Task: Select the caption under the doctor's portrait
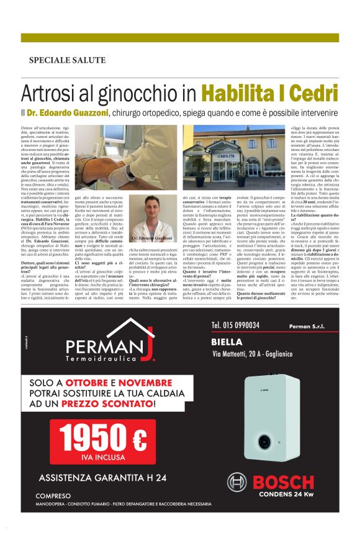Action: pyautogui.click(x=151, y=237)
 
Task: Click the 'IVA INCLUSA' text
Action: pyautogui.click(x=102, y=458)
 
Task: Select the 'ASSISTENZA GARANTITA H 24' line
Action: pyautogui.click(x=102, y=478)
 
